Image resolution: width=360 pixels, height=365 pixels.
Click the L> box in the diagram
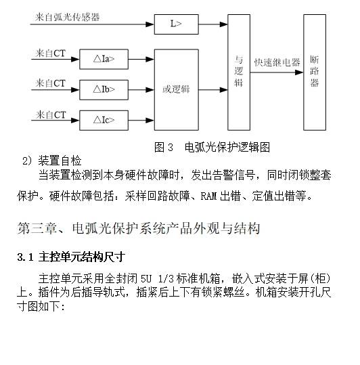(x=177, y=24)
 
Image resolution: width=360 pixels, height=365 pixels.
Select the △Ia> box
(x=104, y=59)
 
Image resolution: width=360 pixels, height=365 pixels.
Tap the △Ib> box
(x=104, y=90)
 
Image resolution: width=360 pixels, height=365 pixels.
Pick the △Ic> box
(x=104, y=121)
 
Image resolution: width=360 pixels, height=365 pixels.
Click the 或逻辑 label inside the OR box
(x=176, y=89)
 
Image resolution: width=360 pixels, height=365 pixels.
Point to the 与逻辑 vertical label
(x=239, y=71)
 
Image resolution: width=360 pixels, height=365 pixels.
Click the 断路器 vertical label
(x=315, y=71)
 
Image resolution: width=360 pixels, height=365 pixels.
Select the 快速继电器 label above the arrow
(x=277, y=62)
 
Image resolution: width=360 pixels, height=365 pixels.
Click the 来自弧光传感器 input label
(x=68, y=17)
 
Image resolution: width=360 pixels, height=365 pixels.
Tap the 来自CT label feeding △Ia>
(x=51, y=53)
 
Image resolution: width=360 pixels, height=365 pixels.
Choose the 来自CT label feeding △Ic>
(x=51, y=114)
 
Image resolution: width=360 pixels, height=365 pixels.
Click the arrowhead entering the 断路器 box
(x=299, y=72)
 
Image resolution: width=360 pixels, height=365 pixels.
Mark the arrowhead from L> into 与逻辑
(x=223, y=24)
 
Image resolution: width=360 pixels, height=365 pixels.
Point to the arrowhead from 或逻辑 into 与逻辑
(x=223, y=89)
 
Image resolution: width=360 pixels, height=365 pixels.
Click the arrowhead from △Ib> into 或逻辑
(x=150, y=90)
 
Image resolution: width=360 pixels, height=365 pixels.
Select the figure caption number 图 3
(x=164, y=148)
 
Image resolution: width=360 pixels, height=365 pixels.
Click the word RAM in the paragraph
(x=208, y=196)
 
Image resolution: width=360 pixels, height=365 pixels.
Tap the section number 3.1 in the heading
(x=25, y=257)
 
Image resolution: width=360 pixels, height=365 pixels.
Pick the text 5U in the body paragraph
(x=146, y=278)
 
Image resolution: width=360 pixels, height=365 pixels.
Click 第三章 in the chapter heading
(x=37, y=228)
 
